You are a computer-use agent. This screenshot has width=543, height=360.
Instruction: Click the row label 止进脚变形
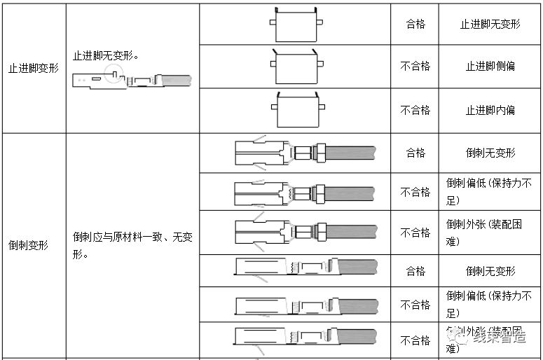[33, 69]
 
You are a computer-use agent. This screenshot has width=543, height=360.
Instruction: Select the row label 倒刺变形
[28, 246]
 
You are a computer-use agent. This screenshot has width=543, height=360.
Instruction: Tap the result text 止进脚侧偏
[490, 67]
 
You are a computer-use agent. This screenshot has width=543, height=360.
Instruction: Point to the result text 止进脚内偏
[490, 110]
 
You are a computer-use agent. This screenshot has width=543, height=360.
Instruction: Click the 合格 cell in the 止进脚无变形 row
[415, 24]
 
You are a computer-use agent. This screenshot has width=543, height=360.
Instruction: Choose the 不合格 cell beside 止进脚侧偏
[415, 67]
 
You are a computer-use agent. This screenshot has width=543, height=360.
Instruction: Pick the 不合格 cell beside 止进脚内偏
[415, 110]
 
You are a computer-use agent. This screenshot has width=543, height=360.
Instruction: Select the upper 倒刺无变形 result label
[490, 153]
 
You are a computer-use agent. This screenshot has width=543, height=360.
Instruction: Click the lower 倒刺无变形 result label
[490, 271]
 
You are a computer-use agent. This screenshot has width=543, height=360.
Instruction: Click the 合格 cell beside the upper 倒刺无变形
[415, 153]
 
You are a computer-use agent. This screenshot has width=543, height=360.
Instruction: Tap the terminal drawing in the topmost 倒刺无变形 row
[305, 152]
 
